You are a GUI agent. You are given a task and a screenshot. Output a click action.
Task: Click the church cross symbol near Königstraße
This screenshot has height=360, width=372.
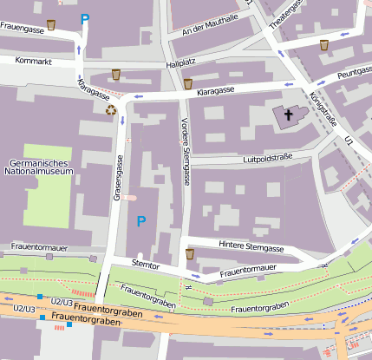click(289, 114)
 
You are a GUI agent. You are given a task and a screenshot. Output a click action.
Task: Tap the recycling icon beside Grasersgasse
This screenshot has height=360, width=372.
click(111, 109)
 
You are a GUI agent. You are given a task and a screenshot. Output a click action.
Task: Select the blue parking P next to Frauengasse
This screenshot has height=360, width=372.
click(85, 19)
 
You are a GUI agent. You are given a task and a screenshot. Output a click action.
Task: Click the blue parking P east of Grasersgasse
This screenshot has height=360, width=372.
click(140, 222)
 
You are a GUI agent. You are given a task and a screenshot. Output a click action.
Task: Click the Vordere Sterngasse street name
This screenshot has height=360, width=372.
click(185, 151)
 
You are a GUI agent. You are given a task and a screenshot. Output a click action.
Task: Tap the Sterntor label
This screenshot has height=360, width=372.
click(145, 262)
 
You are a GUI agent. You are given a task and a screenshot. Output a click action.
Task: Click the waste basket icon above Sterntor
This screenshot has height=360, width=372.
click(190, 254)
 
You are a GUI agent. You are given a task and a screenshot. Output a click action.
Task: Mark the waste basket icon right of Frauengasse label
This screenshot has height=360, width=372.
click(52, 25)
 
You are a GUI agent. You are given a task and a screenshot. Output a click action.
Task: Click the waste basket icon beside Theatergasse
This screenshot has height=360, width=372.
click(324, 44)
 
